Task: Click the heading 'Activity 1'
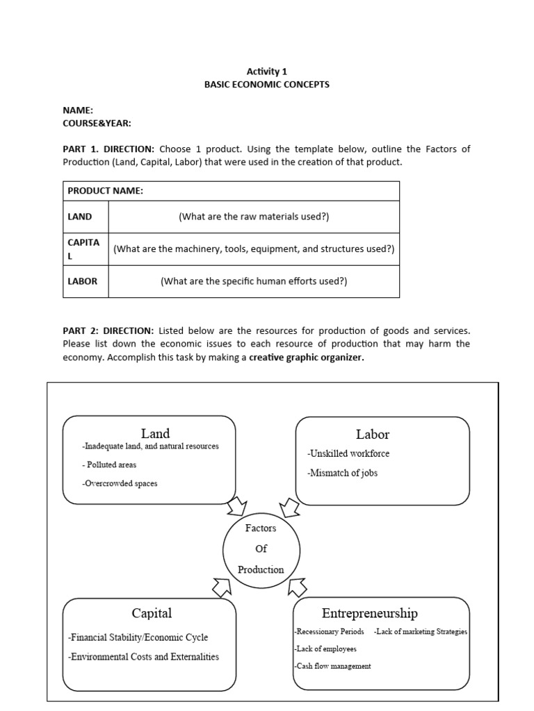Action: click(266, 71)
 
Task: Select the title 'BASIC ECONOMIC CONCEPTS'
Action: click(266, 85)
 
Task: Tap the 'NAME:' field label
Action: click(78, 110)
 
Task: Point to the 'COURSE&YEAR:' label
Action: click(97, 123)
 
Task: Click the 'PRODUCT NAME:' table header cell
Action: click(106, 191)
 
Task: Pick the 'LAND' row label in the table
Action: click(80, 217)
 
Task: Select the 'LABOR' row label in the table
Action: click(83, 281)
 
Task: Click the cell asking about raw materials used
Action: click(254, 217)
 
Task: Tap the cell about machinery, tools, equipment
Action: click(254, 249)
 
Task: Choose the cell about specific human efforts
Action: click(254, 281)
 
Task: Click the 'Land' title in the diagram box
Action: click(155, 434)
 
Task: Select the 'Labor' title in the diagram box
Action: click(373, 435)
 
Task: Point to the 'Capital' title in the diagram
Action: click(152, 613)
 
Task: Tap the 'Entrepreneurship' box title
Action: click(370, 613)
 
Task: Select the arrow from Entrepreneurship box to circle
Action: click(297, 587)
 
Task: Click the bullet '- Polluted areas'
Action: click(109, 465)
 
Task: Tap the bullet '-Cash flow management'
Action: click(332, 666)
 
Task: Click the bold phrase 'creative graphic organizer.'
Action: click(307, 358)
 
